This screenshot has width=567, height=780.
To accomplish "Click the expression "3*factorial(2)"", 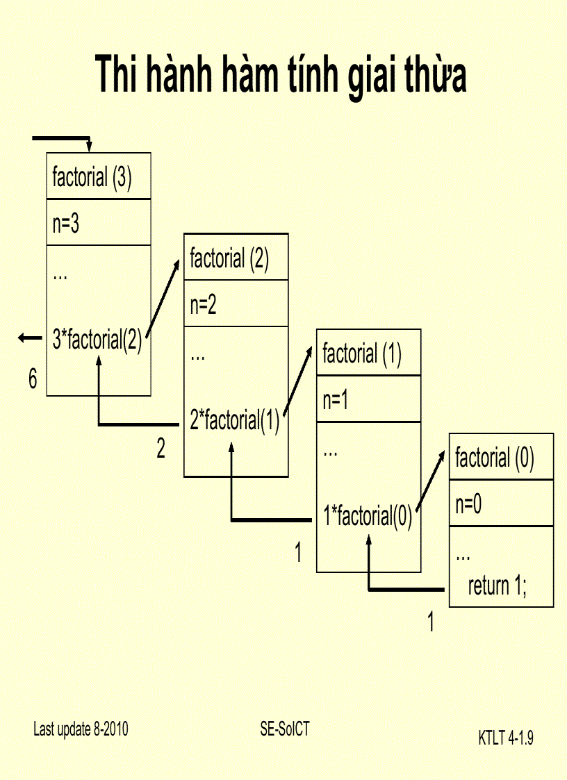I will (x=97, y=340).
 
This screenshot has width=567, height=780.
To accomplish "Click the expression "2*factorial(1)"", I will (x=234, y=420).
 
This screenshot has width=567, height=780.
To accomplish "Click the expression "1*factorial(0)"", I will (x=368, y=516).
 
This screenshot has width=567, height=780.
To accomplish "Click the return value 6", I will (x=33, y=379).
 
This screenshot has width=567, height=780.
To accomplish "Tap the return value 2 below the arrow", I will (x=161, y=449).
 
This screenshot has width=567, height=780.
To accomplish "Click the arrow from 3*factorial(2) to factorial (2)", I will (x=165, y=299).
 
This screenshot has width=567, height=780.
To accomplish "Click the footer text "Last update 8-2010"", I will (x=81, y=729).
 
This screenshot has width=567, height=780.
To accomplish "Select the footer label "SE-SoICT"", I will (x=285, y=729).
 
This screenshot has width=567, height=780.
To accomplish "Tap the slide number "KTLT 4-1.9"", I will (x=506, y=738).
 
